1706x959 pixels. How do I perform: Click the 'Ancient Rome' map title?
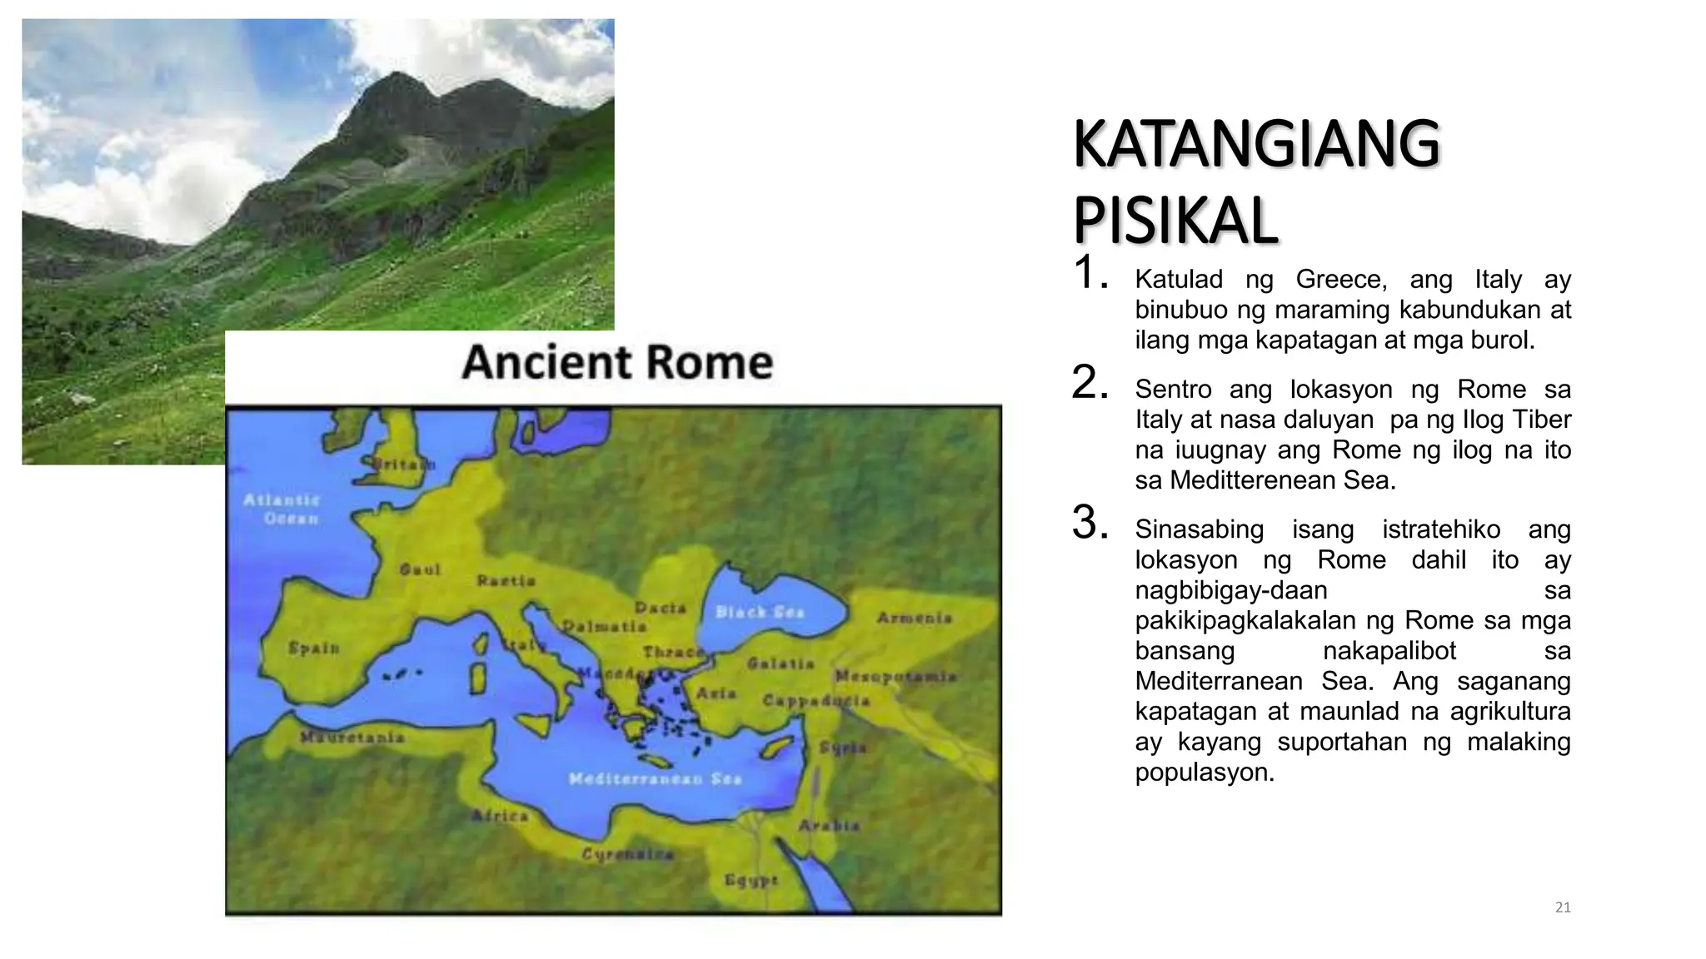tap(617, 363)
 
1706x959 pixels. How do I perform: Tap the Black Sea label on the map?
tap(760, 613)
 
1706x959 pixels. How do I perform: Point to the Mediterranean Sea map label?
tap(655, 779)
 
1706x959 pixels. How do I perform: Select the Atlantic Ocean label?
tap(282, 509)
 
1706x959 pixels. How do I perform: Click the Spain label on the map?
tap(314, 648)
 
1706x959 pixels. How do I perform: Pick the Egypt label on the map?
tap(751, 880)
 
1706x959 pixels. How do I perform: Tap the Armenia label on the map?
tap(914, 618)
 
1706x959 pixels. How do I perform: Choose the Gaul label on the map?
tap(420, 570)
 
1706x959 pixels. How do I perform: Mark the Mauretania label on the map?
tap(352, 738)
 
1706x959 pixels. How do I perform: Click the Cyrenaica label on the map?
tap(627, 854)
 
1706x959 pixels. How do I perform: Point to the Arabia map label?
tap(829, 826)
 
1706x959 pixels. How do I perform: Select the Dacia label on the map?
tap(661, 609)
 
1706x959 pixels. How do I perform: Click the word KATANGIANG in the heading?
tap(1256, 145)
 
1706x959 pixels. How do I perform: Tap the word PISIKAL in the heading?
tap(1175, 221)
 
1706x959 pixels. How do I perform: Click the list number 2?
tap(1089, 383)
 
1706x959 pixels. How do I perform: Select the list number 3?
tap(1089, 523)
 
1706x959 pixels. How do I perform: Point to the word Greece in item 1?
tap(1341, 280)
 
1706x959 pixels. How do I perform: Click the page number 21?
tap(1563, 907)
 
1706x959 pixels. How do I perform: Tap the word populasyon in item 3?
tap(1204, 773)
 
